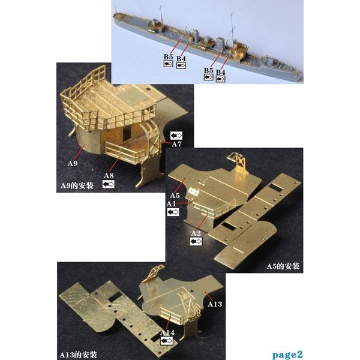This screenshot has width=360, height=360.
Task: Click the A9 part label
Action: tap(73, 163)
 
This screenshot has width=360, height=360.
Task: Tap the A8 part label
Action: tap(109, 176)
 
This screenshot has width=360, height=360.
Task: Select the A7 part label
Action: tap(176, 144)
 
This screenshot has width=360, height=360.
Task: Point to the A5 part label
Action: tap(175, 196)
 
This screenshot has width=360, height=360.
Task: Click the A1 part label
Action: tap(171, 203)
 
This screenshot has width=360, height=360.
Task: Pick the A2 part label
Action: tap(196, 233)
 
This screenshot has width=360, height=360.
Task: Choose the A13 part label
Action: tap(215, 304)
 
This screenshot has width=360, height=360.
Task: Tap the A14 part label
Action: tap(167, 332)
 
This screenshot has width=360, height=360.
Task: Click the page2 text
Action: tap(287, 355)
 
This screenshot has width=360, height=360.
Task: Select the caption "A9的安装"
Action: tap(77, 185)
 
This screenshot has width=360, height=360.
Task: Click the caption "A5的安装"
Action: tap(283, 266)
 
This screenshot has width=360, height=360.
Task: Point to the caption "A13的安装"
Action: tap(78, 355)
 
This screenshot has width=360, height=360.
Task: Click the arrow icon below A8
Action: tap(109, 184)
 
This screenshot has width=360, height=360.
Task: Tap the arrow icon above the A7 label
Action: tap(176, 136)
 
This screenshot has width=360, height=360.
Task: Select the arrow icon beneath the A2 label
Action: tap(196, 242)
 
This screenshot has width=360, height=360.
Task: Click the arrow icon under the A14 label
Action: tap(167, 341)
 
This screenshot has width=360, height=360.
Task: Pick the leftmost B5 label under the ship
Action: tap(168, 57)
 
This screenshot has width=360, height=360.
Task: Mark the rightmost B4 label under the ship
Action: tap(221, 72)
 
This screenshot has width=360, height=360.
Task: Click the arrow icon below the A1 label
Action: tap(173, 212)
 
